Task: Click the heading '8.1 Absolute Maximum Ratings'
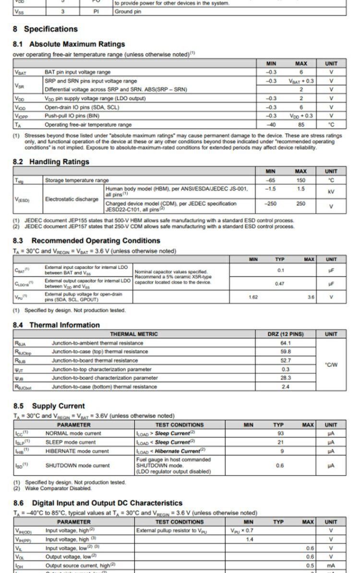(70, 44)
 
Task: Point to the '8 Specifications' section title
(45, 29)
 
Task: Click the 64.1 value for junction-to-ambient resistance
(286, 343)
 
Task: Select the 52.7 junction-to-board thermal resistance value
(286, 360)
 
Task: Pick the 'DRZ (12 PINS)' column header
(286, 334)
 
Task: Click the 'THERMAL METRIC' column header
(134, 334)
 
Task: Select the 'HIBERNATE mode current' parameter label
(77, 451)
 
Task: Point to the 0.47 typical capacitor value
(280, 284)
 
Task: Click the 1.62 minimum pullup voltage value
(253, 297)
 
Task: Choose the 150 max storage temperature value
(301, 180)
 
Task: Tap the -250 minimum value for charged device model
(271, 204)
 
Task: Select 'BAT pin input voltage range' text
(77, 72)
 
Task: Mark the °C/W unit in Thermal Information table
(331, 365)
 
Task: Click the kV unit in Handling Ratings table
(331, 192)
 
